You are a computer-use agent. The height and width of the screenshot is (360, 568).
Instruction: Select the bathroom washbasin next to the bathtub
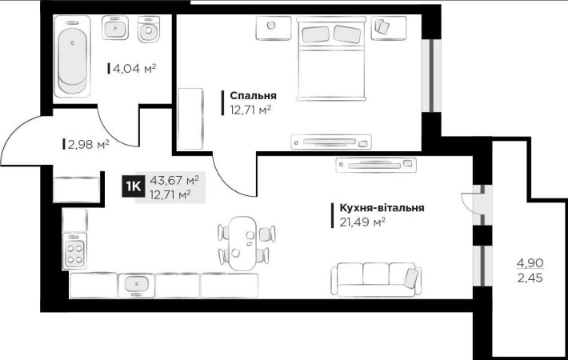point(115,30)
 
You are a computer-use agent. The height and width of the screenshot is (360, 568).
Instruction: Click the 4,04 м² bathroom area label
point(134,69)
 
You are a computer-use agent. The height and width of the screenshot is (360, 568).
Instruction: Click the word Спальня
point(248,95)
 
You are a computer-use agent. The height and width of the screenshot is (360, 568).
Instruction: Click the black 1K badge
point(133,187)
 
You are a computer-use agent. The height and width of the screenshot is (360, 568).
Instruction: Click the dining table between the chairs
point(242,241)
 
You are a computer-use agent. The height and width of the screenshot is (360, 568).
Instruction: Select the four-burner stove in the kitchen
point(74,254)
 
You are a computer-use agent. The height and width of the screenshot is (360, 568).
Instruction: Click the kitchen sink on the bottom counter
point(137,284)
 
